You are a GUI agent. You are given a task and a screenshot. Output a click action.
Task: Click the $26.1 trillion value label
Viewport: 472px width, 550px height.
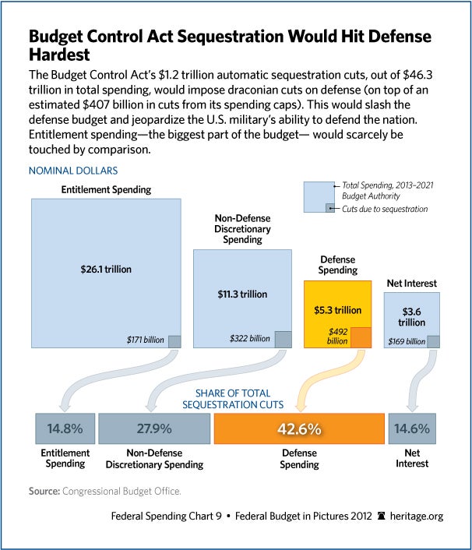tap(106, 269)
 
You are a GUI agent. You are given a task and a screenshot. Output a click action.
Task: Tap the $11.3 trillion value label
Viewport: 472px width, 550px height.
tap(242, 294)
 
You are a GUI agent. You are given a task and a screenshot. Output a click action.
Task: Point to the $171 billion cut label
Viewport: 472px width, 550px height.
tap(146, 340)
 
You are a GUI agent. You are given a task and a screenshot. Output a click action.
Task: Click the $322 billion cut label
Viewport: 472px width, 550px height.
tap(249, 339)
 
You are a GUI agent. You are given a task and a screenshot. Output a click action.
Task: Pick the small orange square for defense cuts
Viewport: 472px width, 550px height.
tap(360, 337)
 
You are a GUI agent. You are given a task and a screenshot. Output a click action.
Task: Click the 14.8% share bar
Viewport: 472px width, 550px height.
tap(65, 428)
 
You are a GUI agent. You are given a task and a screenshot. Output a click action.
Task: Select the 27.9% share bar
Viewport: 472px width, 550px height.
tap(154, 428)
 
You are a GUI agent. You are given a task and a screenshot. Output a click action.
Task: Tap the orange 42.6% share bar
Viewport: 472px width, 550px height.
tap(299, 428)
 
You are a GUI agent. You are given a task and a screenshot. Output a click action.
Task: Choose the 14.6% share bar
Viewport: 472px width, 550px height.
tap(410, 428)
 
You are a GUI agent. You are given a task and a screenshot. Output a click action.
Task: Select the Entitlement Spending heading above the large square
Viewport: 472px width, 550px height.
tap(106, 189)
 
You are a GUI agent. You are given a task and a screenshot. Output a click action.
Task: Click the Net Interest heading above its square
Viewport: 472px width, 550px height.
tap(412, 283)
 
